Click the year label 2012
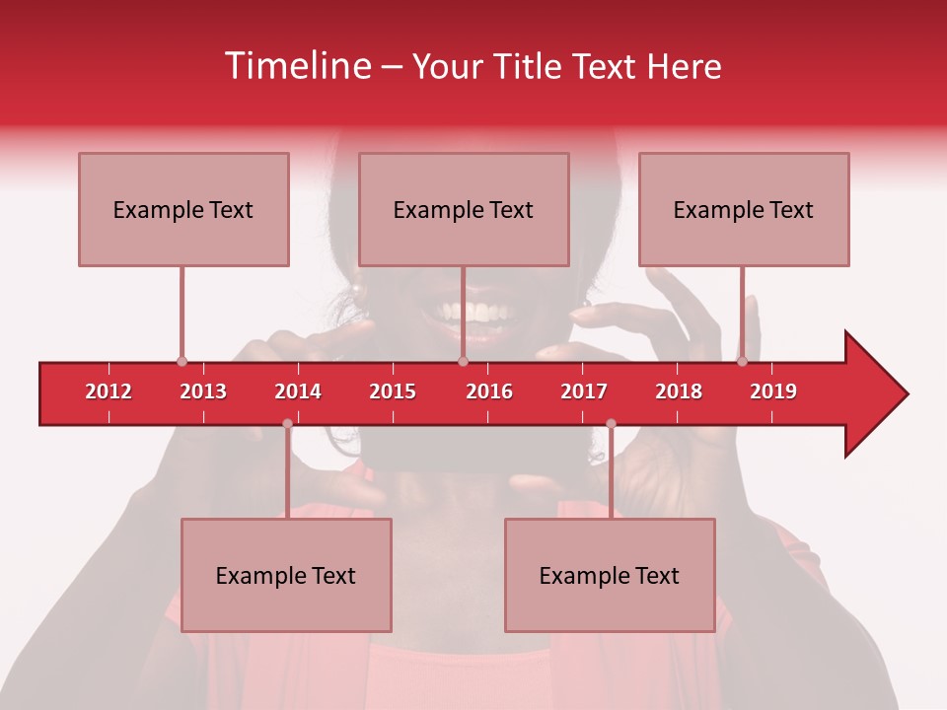pyautogui.click(x=109, y=391)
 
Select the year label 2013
pyautogui.click(x=203, y=391)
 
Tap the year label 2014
pyautogui.click(x=298, y=391)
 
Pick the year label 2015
pyautogui.click(x=393, y=391)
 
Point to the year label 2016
pyautogui.click(x=489, y=391)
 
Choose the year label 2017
pyautogui.click(x=584, y=391)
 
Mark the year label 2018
pyautogui.click(x=679, y=391)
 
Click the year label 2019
pyautogui.click(x=773, y=391)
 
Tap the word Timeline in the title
pyautogui.click(x=296, y=66)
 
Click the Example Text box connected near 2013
pyautogui.click(x=183, y=209)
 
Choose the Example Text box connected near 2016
pyautogui.click(x=464, y=209)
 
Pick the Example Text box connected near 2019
pyautogui.click(x=744, y=209)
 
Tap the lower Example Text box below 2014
pyautogui.click(x=286, y=575)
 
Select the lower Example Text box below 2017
pyautogui.click(x=610, y=575)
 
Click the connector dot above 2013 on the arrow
pyautogui.click(x=182, y=362)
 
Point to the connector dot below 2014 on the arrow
pyautogui.click(x=287, y=423)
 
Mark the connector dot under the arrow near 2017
pyautogui.click(x=611, y=423)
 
